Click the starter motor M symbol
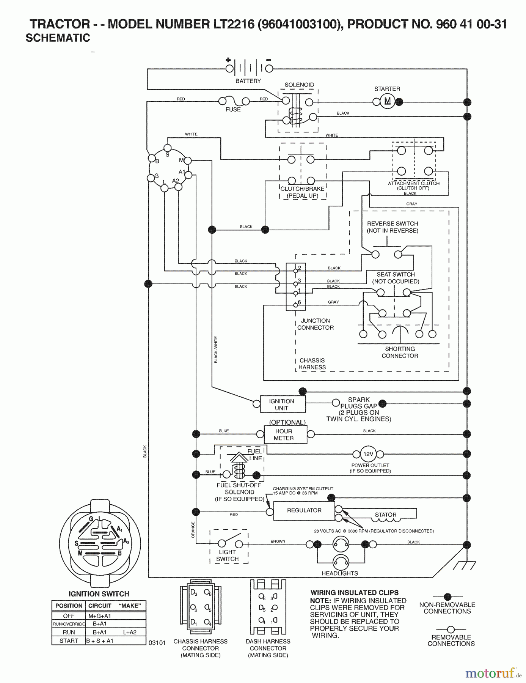(387, 101)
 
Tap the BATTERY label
(248, 81)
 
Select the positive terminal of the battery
(229, 69)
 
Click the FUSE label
(233, 109)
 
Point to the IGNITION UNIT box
(283, 404)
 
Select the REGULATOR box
(304, 511)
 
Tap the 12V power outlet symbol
(368, 454)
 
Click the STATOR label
(385, 515)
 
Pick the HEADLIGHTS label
(339, 573)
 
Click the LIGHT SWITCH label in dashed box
(228, 556)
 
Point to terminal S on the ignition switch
(167, 148)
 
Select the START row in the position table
(99, 641)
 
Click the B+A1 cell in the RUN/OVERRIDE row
(100, 624)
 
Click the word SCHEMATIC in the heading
(58, 38)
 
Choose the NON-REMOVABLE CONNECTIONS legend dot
(447, 596)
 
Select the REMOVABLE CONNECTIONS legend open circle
(451, 630)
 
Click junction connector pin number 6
(296, 305)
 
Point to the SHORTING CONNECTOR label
(400, 352)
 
